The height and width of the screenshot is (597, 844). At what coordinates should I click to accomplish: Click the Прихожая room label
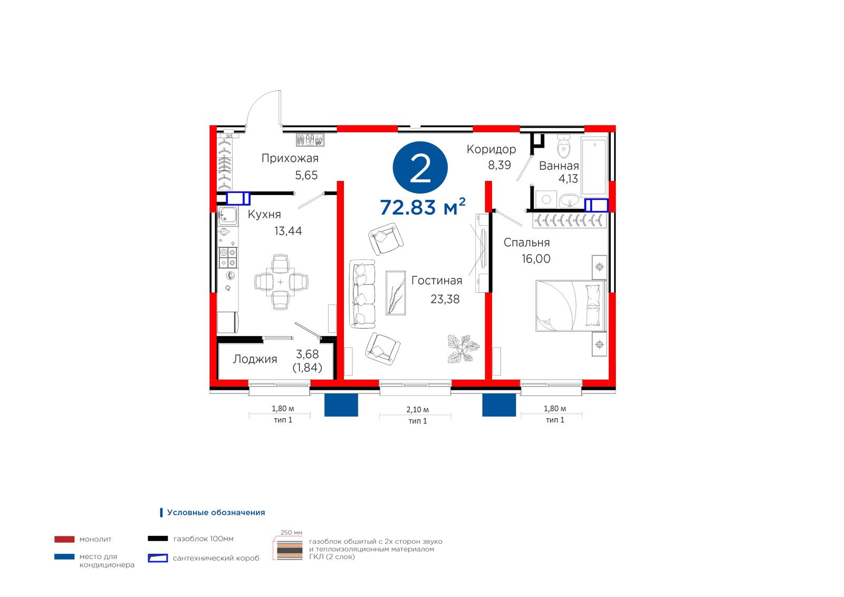tap(290, 158)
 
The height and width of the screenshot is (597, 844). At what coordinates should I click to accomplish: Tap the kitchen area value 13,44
tap(288, 230)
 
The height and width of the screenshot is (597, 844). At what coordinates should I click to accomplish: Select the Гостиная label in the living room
tap(437, 281)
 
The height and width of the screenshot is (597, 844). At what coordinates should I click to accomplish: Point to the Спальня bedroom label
tap(527, 243)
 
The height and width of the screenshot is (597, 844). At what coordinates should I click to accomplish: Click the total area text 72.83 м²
tap(423, 207)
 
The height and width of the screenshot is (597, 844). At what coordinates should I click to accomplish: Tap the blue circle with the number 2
tap(420, 168)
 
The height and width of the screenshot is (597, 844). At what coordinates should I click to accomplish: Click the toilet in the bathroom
tap(564, 147)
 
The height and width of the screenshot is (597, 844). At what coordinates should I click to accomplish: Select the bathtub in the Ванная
tap(594, 166)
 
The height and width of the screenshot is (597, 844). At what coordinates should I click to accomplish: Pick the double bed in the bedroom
tap(571, 306)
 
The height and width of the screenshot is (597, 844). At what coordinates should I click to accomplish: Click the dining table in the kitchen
tap(280, 282)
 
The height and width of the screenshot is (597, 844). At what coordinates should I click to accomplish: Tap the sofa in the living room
tap(362, 293)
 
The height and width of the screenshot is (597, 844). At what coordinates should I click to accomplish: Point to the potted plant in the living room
tap(463, 349)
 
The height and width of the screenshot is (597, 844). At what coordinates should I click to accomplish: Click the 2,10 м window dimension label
tap(417, 409)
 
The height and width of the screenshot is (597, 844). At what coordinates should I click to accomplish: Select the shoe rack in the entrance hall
tap(310, 140)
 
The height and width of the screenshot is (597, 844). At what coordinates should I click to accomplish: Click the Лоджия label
tap(255, 359)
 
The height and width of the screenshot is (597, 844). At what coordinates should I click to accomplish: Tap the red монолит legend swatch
tap(64, 539)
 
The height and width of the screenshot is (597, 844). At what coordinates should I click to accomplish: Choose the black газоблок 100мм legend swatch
tap(158, 538)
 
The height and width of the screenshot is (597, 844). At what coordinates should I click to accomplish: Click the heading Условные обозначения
tap(216, 512)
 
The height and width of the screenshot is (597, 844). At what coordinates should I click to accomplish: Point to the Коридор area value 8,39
tap(500, 165)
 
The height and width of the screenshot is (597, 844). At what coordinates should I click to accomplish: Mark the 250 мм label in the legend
tap(291, 533)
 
